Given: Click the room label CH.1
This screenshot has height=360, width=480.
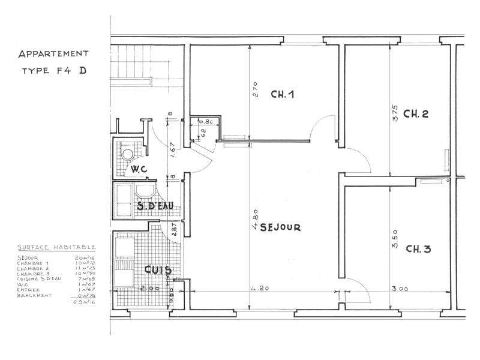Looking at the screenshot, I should [282, 94].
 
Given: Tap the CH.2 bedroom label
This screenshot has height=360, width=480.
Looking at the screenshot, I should [415, 114].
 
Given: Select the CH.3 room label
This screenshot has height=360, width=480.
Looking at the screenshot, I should [418, 249].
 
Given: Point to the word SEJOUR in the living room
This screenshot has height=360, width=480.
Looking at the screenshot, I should [280, 228].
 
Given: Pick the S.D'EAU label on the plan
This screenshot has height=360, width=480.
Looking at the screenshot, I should [155, 207].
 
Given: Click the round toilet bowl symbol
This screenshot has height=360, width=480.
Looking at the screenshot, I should [127, 154].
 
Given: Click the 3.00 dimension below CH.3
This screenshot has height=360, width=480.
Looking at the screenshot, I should [400, 289].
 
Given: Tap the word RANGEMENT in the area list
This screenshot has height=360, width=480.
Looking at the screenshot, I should [34, 295].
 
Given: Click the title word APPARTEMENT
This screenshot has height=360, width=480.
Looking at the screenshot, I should [52, 54].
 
